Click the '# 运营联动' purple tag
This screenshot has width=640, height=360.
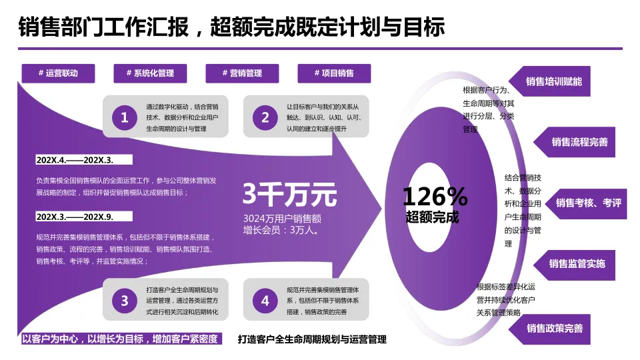58,73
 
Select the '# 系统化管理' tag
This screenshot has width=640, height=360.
150,73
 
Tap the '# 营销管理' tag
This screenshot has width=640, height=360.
242,73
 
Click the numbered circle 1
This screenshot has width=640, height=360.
124,118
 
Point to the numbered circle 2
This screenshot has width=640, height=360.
265,118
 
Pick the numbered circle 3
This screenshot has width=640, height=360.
124,301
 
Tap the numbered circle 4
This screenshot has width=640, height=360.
265,301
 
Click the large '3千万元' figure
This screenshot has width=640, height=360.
289,195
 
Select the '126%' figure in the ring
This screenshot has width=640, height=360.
435,196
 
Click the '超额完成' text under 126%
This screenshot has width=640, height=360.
433,217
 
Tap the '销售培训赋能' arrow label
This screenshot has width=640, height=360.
553,81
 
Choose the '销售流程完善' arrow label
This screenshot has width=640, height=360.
579,142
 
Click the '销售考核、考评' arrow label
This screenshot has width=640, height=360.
587,203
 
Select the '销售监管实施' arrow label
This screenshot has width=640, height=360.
577,263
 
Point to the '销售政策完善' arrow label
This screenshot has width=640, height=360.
554,328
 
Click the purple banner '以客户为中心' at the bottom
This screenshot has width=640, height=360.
120,339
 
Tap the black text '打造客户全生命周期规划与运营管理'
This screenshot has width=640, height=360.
312,339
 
